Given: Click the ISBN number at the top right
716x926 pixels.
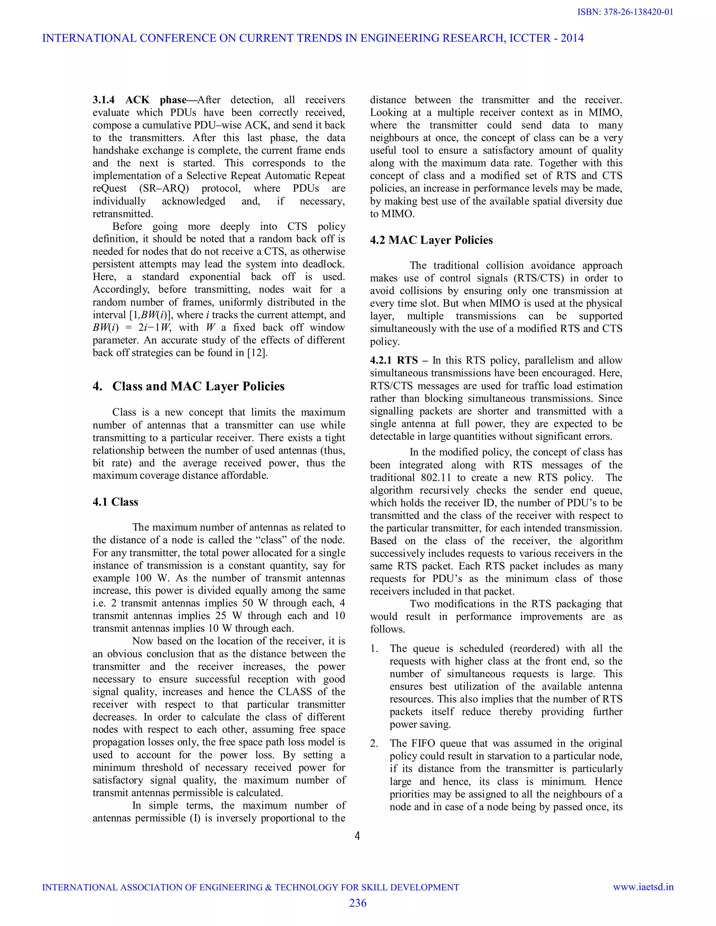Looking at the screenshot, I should pyautogui.click(x=625, y=12).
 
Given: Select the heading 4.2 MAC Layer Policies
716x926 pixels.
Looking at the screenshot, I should pyautogui.click(x=431, y=240).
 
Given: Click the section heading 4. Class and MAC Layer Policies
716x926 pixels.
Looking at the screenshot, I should pyautogui.click(x=188, y=386).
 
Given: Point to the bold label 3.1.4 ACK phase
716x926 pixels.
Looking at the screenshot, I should pyautogui.click(x=139, y=100).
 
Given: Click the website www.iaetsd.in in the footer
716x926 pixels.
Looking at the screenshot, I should pyautogui.click(x=643, y=887).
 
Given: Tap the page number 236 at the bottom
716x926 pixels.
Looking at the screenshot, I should pyautogui.click(x=358, y=903).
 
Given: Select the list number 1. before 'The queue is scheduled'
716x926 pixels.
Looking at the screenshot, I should pyautogui.click(x=374, y=648).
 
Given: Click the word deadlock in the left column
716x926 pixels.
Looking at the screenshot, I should pyautogui.click(x=323, y=264).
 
